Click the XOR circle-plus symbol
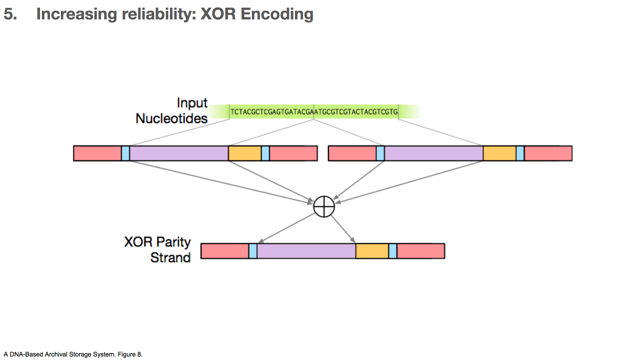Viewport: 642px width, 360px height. (324, 207)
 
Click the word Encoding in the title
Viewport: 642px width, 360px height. (277, 15)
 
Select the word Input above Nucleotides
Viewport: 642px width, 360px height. (192, 103)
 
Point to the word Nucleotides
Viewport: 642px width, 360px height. (171, 118)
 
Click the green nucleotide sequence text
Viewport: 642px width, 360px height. (314, 112)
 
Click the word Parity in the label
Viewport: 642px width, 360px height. (174, 242)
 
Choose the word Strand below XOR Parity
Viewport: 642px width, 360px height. (170, 257)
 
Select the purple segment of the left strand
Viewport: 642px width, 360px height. (179, 153)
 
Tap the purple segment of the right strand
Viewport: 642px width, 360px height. (434, 153)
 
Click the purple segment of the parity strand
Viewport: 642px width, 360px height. (306, 251)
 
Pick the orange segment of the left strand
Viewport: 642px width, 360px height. (245, 153)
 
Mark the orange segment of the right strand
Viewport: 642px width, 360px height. (499, 153)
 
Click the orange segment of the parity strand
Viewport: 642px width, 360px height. (372, 251)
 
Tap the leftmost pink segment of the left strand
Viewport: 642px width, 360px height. (98, 153)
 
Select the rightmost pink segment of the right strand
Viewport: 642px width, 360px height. (548, 153)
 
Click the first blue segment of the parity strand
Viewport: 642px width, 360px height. (253, 251)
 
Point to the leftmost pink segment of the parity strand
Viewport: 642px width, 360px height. (225, 251)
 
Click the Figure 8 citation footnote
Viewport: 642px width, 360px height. (73, 354)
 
